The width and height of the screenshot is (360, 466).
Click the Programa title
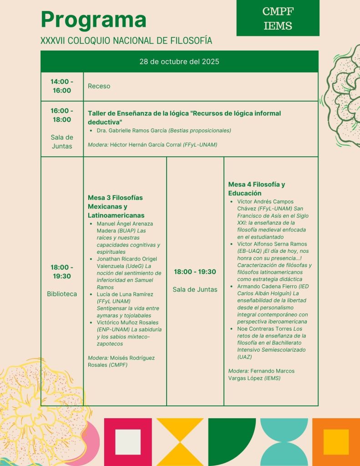click(x=93, y=20)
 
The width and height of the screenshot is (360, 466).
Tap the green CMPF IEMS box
click(x=278, y=18)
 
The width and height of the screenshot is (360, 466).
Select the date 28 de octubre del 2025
click(x=179, y=61)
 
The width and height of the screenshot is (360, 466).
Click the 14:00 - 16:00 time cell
click(x=62, y=86)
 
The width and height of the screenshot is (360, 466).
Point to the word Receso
click(x=99, y=86)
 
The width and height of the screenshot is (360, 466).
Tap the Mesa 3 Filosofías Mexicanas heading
click(x=116, y=206)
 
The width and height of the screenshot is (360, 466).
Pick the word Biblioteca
click(x=62, y=294)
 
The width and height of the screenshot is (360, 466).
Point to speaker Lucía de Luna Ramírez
click(x=125, y=294)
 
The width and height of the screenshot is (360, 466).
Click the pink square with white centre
click(x=128, y=442)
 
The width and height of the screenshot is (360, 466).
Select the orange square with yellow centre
click(x=336, y=442)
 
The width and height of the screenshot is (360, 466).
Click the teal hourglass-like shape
click(x=284, y=442)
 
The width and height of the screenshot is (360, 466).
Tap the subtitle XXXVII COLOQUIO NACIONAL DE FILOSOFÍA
click(x=126, y=41)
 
